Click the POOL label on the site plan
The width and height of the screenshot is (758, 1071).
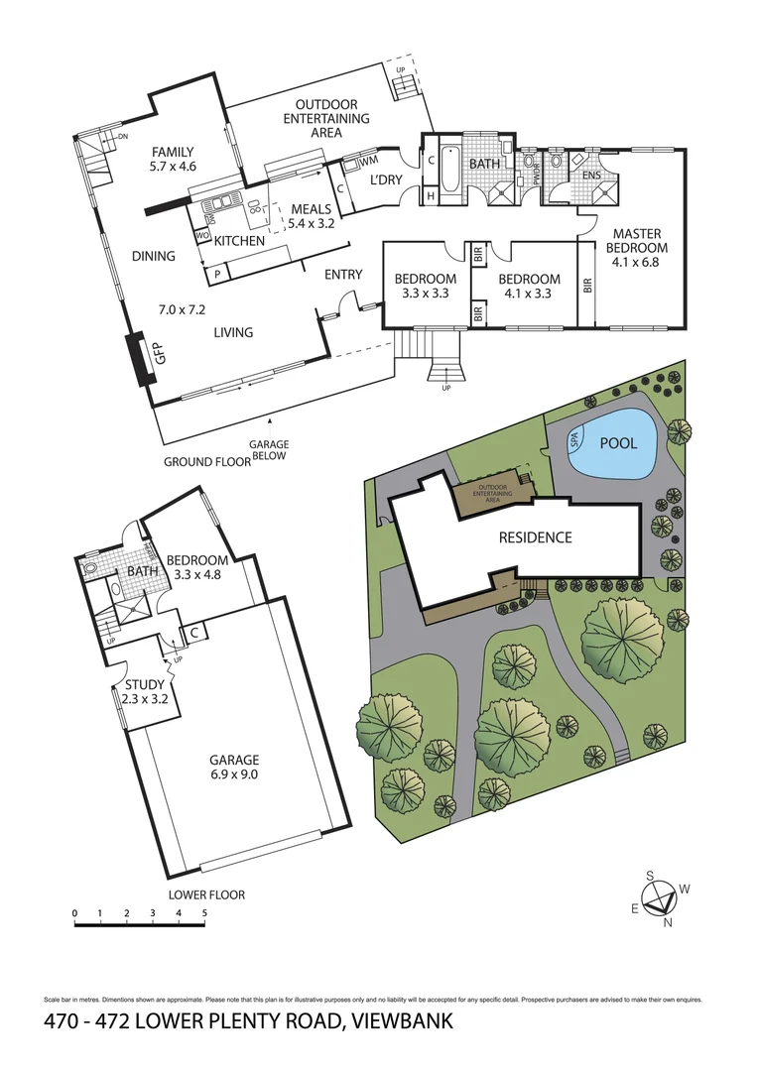[x=619, y=443]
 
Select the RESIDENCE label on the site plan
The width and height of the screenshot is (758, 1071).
[x=536, y=537]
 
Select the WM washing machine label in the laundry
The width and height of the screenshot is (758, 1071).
[x=368, y=161]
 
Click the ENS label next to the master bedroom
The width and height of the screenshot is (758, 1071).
[x=591, y=176]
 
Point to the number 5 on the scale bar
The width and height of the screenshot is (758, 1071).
[x=204, y=912]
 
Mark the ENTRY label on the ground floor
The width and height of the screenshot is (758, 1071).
[x=343, y=275]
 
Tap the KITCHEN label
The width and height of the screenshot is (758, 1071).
[x=240, y=241]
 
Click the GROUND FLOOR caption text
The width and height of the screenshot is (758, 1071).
[x=205, y=462]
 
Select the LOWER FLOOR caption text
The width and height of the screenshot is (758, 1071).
[x=206, y=894]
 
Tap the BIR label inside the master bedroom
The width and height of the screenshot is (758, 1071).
[x=587, y=285]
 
